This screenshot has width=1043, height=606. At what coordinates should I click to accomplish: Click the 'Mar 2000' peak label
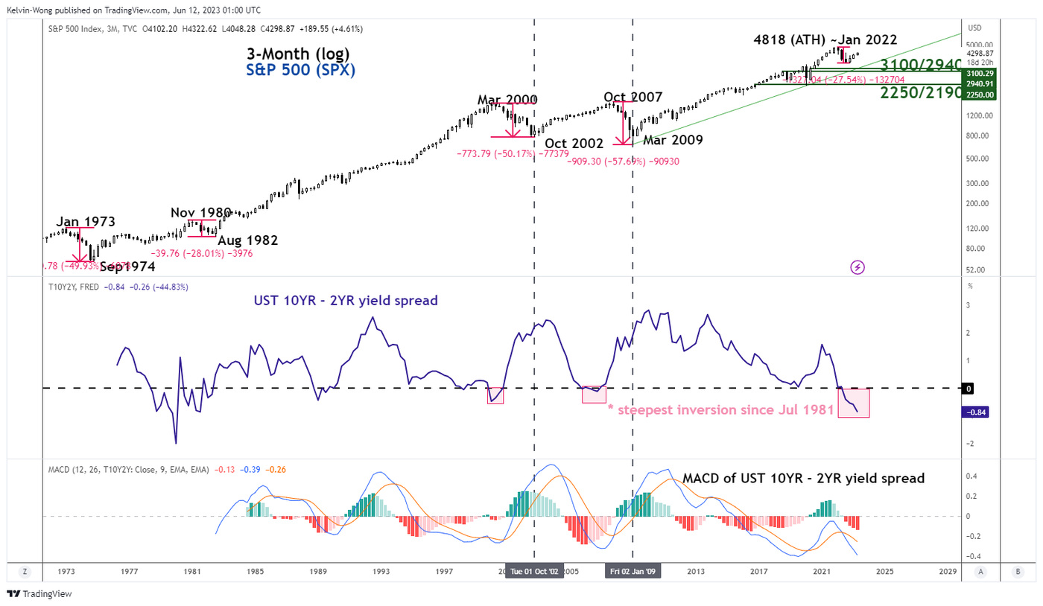click(507, 100)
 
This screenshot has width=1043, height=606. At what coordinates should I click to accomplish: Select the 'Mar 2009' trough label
click(673, 139)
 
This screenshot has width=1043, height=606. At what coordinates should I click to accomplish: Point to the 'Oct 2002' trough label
click(574, 143)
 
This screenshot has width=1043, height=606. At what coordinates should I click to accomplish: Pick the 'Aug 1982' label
click(247, 240)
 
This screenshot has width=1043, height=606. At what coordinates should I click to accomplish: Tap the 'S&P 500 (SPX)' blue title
click(300, 71)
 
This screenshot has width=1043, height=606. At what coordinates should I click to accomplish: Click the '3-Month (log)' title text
click(298, 54)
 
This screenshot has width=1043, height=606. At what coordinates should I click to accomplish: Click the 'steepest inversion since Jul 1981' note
click(721, 409)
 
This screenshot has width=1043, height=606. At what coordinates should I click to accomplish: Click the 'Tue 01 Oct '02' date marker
click(534, 571)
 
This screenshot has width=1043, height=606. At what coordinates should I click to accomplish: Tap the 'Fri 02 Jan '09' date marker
click(633, 571)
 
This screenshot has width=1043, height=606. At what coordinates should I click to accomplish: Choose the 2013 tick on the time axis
click(695, 571)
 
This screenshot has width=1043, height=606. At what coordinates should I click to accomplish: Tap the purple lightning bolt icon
click(857, 267)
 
